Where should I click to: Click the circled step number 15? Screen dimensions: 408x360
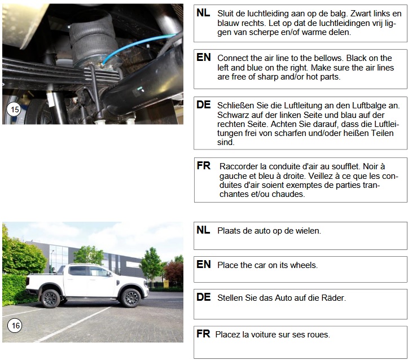(14, 109)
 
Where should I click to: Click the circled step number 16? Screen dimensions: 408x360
(15, 326)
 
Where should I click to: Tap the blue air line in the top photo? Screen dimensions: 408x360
(138, 47)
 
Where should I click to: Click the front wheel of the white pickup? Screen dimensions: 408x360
(131, 298)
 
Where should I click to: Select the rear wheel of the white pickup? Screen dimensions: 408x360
(51, 298)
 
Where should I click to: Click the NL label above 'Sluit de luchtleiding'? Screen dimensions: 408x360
(203, 13)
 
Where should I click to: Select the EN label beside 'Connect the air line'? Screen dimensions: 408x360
(204, 57)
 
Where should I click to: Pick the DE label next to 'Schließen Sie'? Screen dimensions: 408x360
(204, 104)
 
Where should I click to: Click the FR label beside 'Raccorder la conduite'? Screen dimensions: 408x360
(204, 165)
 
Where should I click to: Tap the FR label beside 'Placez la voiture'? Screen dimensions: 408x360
(203, 333)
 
